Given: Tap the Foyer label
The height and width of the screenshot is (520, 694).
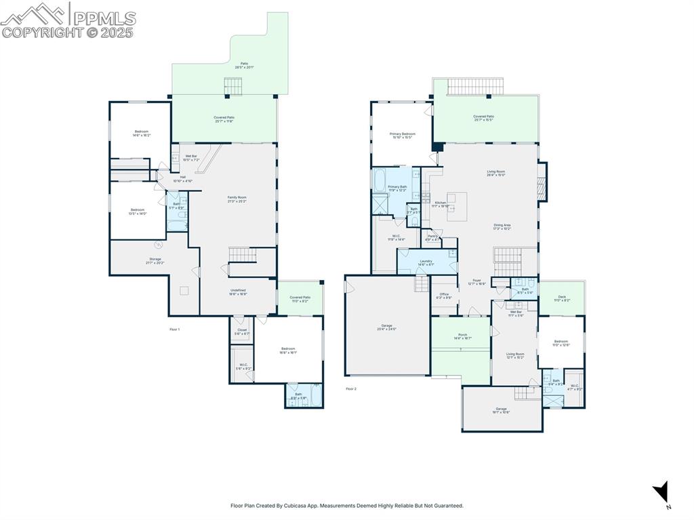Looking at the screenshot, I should click(477, 281).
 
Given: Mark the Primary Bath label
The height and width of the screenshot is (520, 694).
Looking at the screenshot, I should click(397, 188).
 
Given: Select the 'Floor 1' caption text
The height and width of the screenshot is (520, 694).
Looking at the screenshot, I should click(174, 329).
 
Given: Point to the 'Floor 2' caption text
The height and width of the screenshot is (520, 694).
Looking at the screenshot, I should click(350, 389).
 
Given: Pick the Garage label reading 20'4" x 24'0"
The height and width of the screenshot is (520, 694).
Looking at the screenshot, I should click(386, 327).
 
